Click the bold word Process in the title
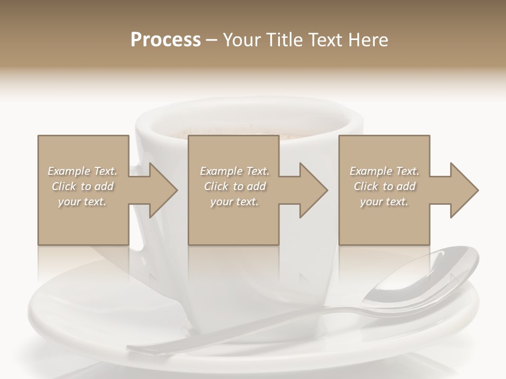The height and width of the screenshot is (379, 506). coord(166,40)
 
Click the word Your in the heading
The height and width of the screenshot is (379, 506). coord(240,40)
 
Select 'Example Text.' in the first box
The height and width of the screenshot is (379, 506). coord(83,171)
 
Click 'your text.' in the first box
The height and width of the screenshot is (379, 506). coord(83,202)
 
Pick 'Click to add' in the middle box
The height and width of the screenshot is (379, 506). coord(235,186)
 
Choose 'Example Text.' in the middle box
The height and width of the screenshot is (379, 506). coord(235,171)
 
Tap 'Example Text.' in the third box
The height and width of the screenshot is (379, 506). coord(385,171)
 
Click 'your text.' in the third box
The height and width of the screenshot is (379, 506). coord(385,202)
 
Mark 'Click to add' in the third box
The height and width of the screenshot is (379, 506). coord(385,186)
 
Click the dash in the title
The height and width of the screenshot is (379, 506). coord(212,40)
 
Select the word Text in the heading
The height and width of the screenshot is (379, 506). coord(321,40)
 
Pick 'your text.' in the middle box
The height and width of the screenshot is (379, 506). coord(235,202)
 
